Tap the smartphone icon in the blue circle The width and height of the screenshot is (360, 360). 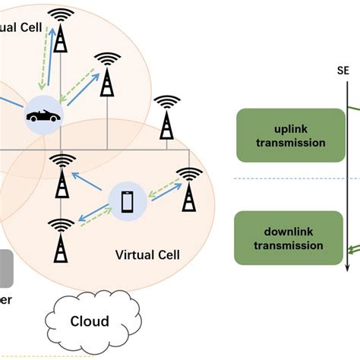(127, 201)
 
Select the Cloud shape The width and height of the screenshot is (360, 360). (90, 320)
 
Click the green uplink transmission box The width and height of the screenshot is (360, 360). (280, 135)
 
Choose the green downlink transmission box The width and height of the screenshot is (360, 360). (279, 238)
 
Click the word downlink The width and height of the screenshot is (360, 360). (279, 230)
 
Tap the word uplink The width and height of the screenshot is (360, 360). (280, 128)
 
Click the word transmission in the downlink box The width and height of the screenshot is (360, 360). (279, 246)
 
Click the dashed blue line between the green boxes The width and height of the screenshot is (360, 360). (289, 178)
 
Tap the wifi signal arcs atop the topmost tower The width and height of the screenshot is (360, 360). (59, 14)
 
